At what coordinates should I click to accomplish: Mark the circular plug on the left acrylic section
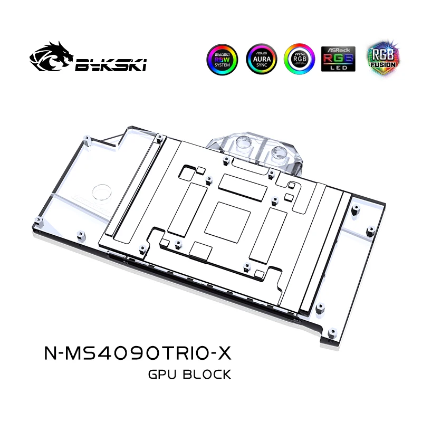pos(100,193)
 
